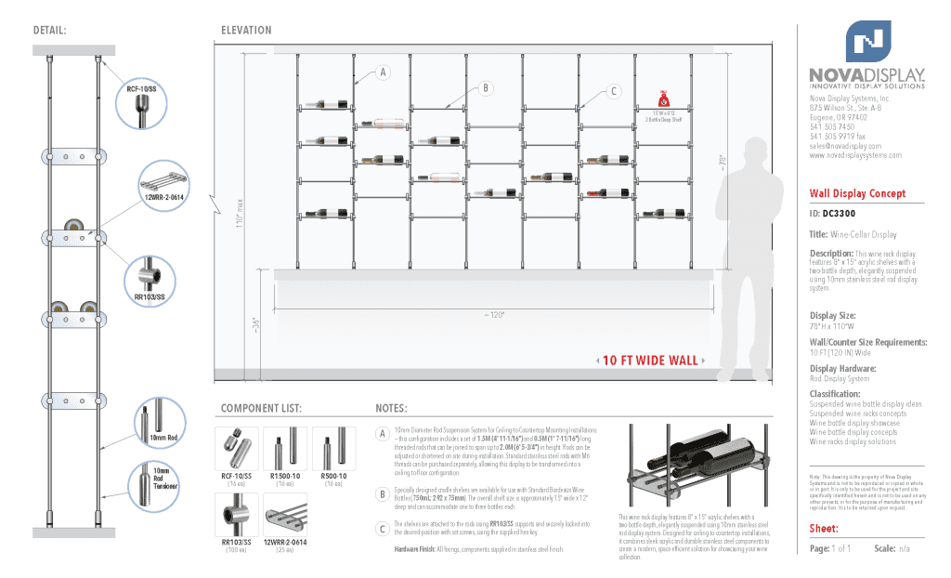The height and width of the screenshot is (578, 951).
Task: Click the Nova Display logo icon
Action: pos(867,41)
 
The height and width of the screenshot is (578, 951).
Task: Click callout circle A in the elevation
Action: pos(383,72)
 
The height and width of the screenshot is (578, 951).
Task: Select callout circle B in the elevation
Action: pos(485,88)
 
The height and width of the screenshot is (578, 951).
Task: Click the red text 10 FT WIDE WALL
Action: pos(649,361)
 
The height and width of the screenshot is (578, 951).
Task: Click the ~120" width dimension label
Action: pos(493,314)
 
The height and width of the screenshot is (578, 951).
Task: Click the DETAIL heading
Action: pos(48,30)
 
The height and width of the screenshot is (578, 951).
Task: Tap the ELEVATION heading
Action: pos(246,30)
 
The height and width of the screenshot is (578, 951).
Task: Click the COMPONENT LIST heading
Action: pos(261,408)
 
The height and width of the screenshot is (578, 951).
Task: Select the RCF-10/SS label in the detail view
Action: pos(141,89)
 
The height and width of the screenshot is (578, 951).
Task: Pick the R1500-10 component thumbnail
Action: pos(285,450)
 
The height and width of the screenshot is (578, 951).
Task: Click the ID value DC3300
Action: pos(837,214)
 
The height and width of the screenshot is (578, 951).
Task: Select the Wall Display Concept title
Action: pos(855,193)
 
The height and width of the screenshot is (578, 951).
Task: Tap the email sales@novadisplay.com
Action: pos(844,146)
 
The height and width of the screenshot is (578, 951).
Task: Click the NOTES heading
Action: pos(391,408)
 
